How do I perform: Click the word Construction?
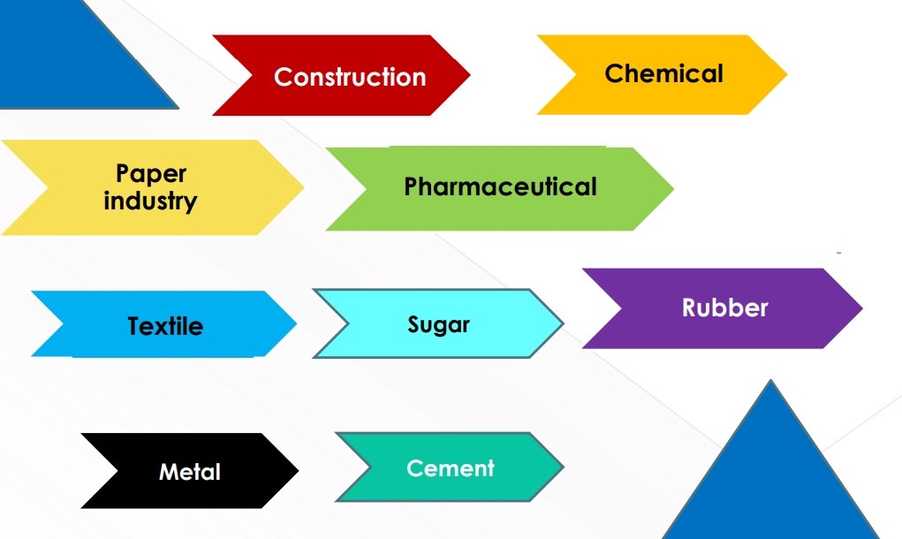pos(350,77)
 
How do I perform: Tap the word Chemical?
pos(663,73)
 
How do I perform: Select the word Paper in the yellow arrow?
pos(151,173)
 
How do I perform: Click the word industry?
pos(150,201)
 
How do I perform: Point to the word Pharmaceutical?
pos(500,187)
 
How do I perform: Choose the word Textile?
pos(165,326)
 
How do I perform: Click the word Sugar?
pos(438,324)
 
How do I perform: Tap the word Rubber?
pos(724,307)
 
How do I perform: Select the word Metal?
pos(189,472)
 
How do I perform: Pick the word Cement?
pos(451,467)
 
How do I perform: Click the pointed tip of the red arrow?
pos(469,75)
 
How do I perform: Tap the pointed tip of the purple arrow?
pos(861,308)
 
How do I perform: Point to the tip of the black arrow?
pos(298,471)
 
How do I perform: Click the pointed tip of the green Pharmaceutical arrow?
pos(673,188)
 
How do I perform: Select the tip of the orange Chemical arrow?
pos(785,74)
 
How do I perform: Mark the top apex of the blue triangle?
pos(770,382)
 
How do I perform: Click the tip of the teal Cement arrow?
pos(563,467)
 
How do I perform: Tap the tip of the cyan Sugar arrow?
pos(563,323)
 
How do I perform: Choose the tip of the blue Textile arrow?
pos(296,324)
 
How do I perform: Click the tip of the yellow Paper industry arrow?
pos(303,187)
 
